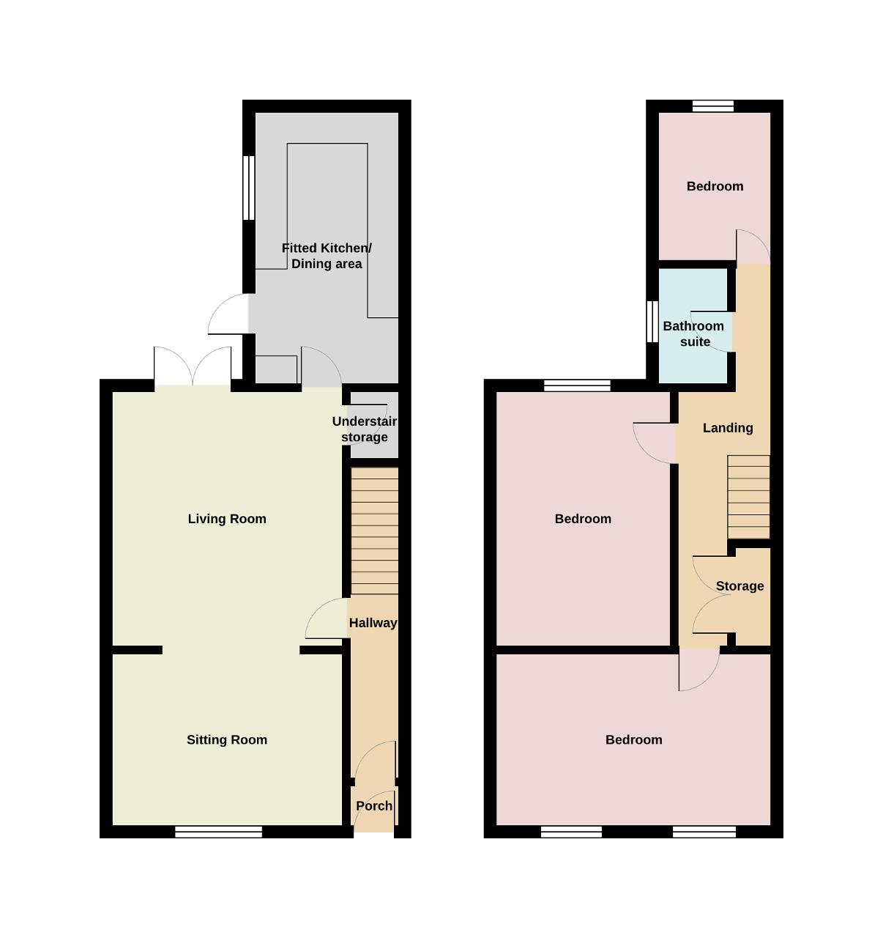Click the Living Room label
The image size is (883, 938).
pos(227,519)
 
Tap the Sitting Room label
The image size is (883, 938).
pos(227,739)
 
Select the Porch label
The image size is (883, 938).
pos(374,806)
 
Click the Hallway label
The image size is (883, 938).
pos(373,623)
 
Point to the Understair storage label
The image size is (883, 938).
pos(365,429)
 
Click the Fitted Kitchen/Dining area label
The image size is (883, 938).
pos(327,256)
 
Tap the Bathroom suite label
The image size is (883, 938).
pos(693,333)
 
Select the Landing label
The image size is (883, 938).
pos(728,428)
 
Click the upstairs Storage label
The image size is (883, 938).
pos(739,586)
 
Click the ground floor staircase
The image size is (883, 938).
pos(375,531)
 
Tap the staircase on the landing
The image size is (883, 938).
pos(748,497)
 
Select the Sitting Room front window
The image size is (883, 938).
pos(218,832)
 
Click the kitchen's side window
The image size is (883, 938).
pos(249,188)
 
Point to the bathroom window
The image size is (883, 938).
pos(652,322)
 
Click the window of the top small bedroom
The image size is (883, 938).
pos(713,106)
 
